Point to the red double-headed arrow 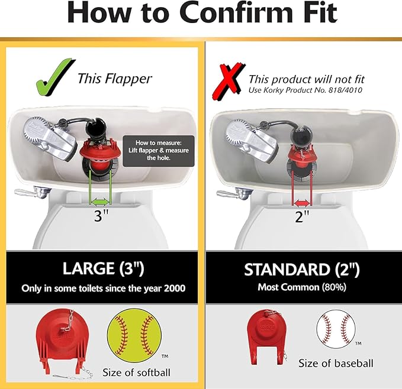tap(303, 200)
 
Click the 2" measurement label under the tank tap(303, 217)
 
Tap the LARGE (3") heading tap(104, 269)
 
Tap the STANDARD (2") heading tap(302, 269)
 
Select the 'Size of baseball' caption tap(336, 363)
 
